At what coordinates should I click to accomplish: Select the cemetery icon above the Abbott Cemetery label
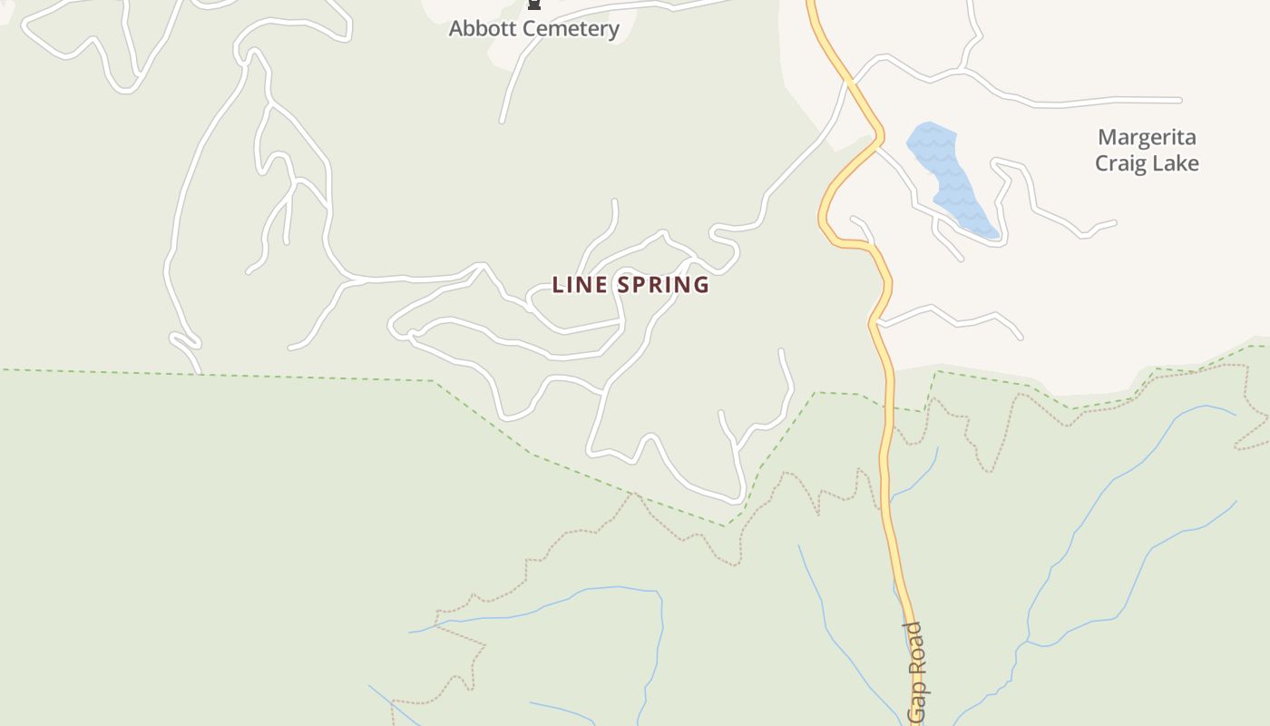click(534, 5)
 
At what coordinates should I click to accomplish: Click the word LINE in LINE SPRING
click(578, 285)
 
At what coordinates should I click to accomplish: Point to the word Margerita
click(1147, 138)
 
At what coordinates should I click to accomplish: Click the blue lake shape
click(948, 177)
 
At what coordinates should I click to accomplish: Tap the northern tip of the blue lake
click(929, 124)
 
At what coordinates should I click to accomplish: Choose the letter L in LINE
click(557, 285)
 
